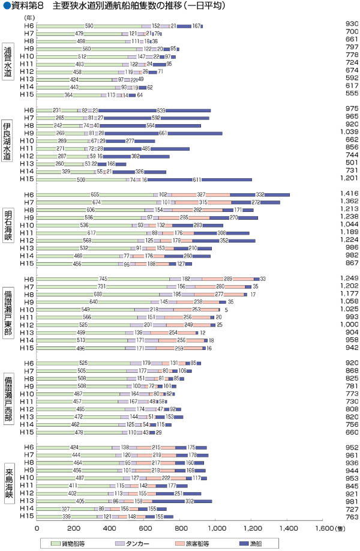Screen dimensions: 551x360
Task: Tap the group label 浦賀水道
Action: pyautogui.click(x=7, y=61)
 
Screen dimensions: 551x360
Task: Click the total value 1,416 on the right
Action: pyautogui.click(x=347, y=194)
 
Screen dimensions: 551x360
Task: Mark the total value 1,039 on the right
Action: pyautogui.click(x=347, y=133)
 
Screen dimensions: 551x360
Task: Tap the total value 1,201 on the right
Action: pyautogui.click(x=347, y=179)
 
